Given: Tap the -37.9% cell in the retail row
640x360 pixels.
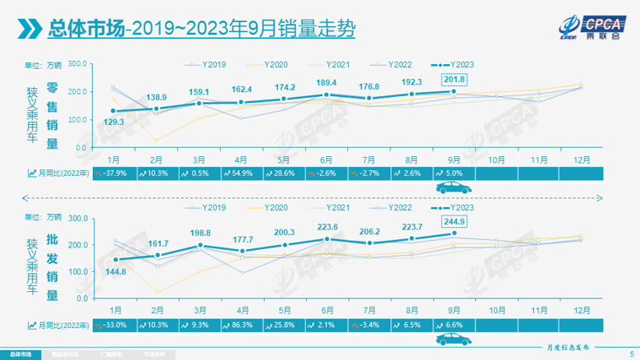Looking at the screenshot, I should [113, 173].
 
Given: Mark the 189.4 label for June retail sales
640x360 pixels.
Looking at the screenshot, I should [328, 83].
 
